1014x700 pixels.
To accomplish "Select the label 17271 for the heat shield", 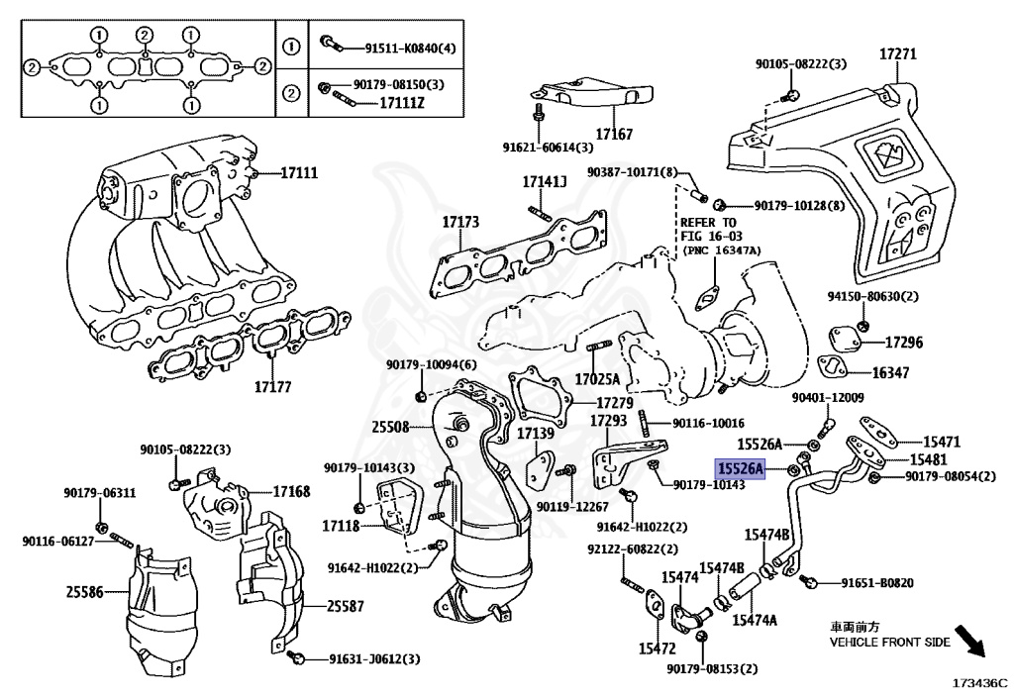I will [898, 55].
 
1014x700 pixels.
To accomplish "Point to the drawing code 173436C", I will [979, 683].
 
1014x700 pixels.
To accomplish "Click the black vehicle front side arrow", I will [969, 642].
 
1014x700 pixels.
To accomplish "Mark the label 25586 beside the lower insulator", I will [85, 592].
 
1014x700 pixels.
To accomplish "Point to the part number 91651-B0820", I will [876, 583].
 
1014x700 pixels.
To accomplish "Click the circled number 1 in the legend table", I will [291, 47].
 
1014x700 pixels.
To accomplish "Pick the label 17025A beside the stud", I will [597, 379].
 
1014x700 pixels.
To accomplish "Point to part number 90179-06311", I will [99, 493].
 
